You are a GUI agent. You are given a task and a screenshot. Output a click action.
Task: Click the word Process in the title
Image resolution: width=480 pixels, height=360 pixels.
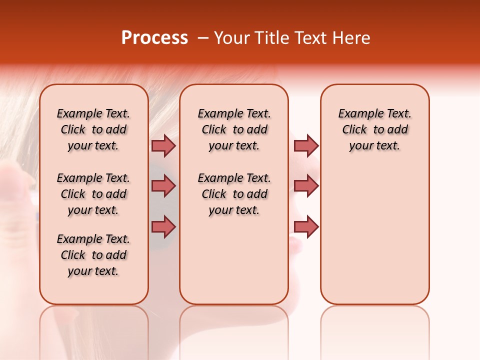point(154,38)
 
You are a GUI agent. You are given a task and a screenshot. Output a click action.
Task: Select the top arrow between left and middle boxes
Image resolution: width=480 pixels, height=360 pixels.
point(163,145)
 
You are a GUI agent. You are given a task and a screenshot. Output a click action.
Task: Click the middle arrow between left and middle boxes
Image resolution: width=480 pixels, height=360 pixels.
point(163,186)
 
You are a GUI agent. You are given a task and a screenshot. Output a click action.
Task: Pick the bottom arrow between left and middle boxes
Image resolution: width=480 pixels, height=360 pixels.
point(163,227)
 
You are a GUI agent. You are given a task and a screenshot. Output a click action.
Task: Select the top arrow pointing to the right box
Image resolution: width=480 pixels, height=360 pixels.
point(306,145)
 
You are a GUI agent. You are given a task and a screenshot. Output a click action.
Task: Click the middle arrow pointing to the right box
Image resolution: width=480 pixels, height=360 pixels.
point(306,186)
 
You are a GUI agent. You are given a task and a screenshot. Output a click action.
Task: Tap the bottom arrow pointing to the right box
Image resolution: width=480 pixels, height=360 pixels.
point(306,227)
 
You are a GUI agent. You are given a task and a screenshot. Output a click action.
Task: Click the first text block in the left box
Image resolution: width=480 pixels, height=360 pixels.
point(93,129)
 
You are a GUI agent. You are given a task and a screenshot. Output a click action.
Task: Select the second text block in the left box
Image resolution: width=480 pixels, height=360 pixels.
point(93,194)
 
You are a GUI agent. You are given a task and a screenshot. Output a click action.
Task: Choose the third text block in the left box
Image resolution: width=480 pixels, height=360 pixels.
point(93,255)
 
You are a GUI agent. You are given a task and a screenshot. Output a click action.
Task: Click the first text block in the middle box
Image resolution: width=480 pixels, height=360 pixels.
point(234,129)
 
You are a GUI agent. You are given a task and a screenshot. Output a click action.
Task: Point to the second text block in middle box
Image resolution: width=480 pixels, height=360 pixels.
point(234,194)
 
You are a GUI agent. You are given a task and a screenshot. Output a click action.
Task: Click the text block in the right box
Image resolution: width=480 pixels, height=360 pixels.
point(375,129)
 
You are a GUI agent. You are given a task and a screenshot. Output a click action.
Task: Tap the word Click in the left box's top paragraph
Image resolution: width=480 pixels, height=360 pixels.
point(73,130)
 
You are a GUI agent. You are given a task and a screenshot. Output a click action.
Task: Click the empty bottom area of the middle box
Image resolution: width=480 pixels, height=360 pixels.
point(234,265)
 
